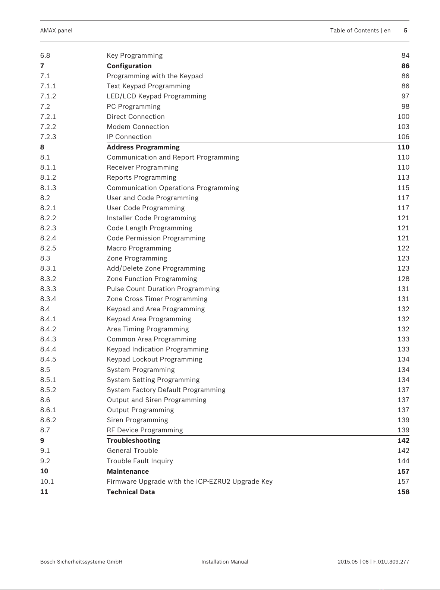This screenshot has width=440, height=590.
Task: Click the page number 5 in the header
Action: (x=405, y=31)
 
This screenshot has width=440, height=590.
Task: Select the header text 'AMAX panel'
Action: (x=56, y=31)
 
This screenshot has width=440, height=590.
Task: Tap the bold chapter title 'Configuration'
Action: (x=129, y=66)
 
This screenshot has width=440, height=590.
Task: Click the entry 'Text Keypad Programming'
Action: (x=148, y=86)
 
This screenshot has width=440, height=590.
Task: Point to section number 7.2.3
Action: (x=48, y=137)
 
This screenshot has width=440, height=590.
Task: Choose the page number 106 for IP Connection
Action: (x=403, y=137)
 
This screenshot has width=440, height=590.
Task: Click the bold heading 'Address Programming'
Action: (x=143, y=147)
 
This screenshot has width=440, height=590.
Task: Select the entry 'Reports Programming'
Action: (x=142, y=177)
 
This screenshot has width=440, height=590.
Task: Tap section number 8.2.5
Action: (x=48, y=248)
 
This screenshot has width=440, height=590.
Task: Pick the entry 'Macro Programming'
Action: (x=139, y=248)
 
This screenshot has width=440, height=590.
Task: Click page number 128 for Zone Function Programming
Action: (x=403, y=279)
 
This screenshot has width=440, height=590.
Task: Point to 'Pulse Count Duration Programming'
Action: (x=163, y=289)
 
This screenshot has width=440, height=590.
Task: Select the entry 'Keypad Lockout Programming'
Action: (x=154, y=359)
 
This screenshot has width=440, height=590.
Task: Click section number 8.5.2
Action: (x=48, y=390)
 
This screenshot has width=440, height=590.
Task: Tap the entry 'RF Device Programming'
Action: (x=145, y=430)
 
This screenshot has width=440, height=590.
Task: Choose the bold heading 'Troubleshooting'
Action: (x=133, y=441)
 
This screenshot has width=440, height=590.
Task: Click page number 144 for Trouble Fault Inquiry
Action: (x=403, y=461)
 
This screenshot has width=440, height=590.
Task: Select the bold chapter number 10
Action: (x=44, y=471)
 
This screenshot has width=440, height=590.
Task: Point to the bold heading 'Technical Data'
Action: (x=131, y=492)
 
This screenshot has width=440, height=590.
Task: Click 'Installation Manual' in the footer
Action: (x=224, y=562)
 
